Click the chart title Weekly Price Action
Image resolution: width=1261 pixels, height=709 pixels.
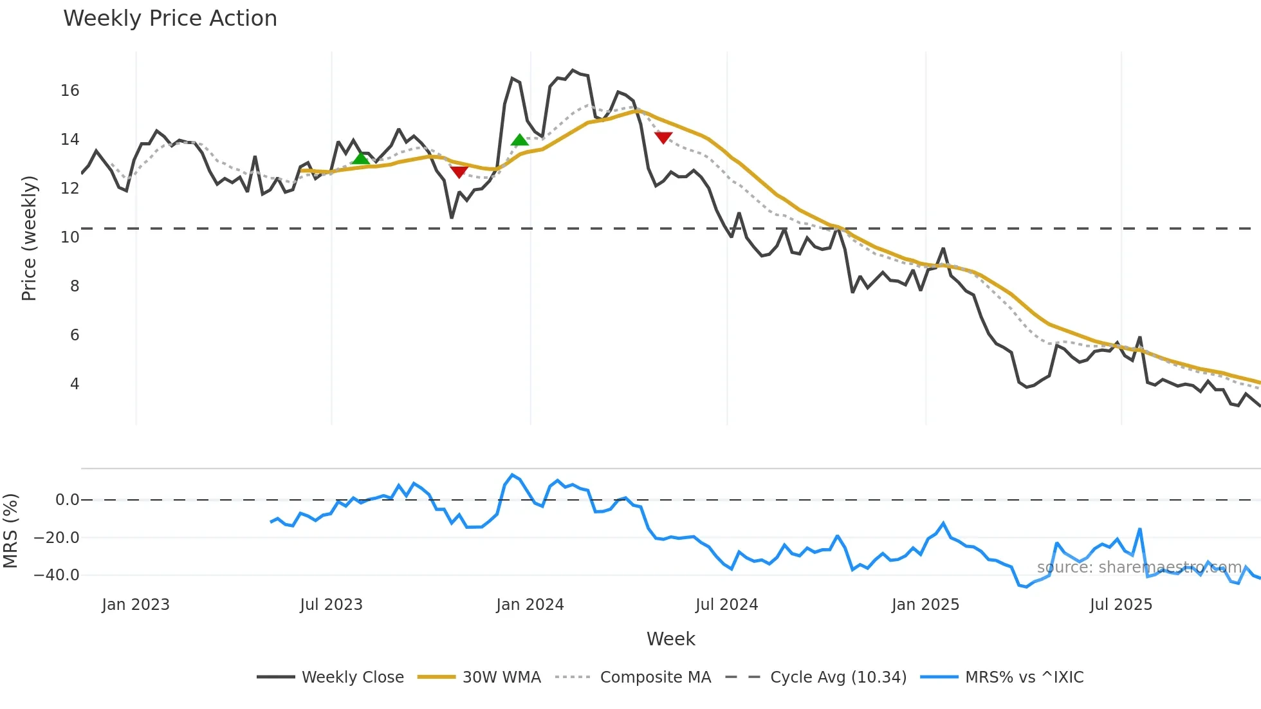coord(170,19)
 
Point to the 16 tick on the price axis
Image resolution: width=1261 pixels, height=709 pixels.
coord(70,91)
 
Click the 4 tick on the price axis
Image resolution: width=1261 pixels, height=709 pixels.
coord(75,384)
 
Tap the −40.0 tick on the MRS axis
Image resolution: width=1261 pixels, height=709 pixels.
coord(57,575)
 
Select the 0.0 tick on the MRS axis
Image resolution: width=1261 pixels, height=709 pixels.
coord(67,500)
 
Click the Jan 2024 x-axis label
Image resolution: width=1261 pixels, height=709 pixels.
coord(530,605)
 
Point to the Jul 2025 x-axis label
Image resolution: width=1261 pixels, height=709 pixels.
coord(1121,605)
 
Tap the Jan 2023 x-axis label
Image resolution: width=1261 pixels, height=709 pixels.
coord(136,605)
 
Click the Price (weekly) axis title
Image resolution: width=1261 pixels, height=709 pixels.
coord(29,238)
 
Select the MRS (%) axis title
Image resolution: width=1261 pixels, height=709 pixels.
coord(10,531)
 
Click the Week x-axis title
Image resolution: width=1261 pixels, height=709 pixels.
coord(670,639)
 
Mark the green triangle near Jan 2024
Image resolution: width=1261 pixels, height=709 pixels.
coord(519,140)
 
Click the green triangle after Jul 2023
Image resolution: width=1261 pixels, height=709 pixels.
coord(361,158)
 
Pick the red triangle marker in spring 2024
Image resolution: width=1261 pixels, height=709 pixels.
coord(663,138)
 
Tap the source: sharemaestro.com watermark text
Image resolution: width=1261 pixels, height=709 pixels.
coord(1139,567)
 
